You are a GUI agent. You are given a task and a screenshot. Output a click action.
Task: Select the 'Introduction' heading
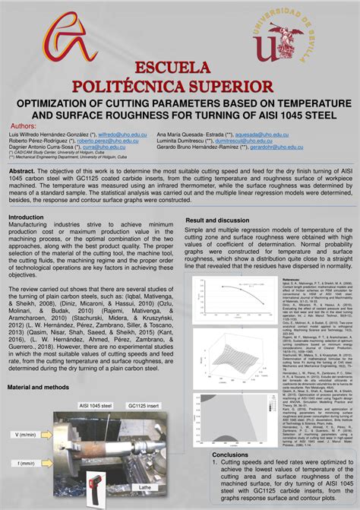(x=26, y=217)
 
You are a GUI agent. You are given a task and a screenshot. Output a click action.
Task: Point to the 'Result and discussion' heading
(x=218, y=220)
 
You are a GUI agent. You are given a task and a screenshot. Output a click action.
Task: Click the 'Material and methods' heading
(x=37, y=388)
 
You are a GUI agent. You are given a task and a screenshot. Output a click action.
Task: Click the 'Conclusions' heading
(x=231, y=455)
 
